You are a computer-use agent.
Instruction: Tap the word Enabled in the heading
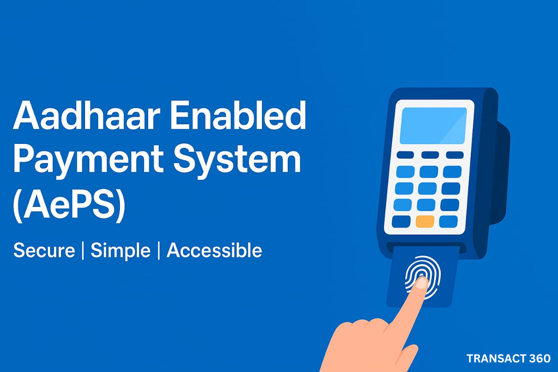coord(238,115)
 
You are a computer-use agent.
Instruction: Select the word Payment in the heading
coord(88,160)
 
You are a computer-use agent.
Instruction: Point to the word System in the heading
coord(237,160)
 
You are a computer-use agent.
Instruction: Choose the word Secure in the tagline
coord(44,250)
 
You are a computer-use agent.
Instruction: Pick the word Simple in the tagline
coord(121,251)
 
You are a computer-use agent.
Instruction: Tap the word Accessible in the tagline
coord(214,250)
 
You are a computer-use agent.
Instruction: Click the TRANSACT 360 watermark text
coord(508,358)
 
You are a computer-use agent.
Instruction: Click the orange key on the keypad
coord(425,222)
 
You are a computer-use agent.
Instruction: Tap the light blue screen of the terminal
coord(433,126)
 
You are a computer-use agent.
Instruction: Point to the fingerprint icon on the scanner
coord(423,277)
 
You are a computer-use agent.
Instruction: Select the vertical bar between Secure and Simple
coord(83,251)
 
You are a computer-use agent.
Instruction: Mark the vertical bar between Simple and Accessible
coord(159,251)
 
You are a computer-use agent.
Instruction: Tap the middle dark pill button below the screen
coord(430,155)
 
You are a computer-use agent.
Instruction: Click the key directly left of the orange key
coord(401,222)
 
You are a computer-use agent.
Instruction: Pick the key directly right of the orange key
coord(449,222)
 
